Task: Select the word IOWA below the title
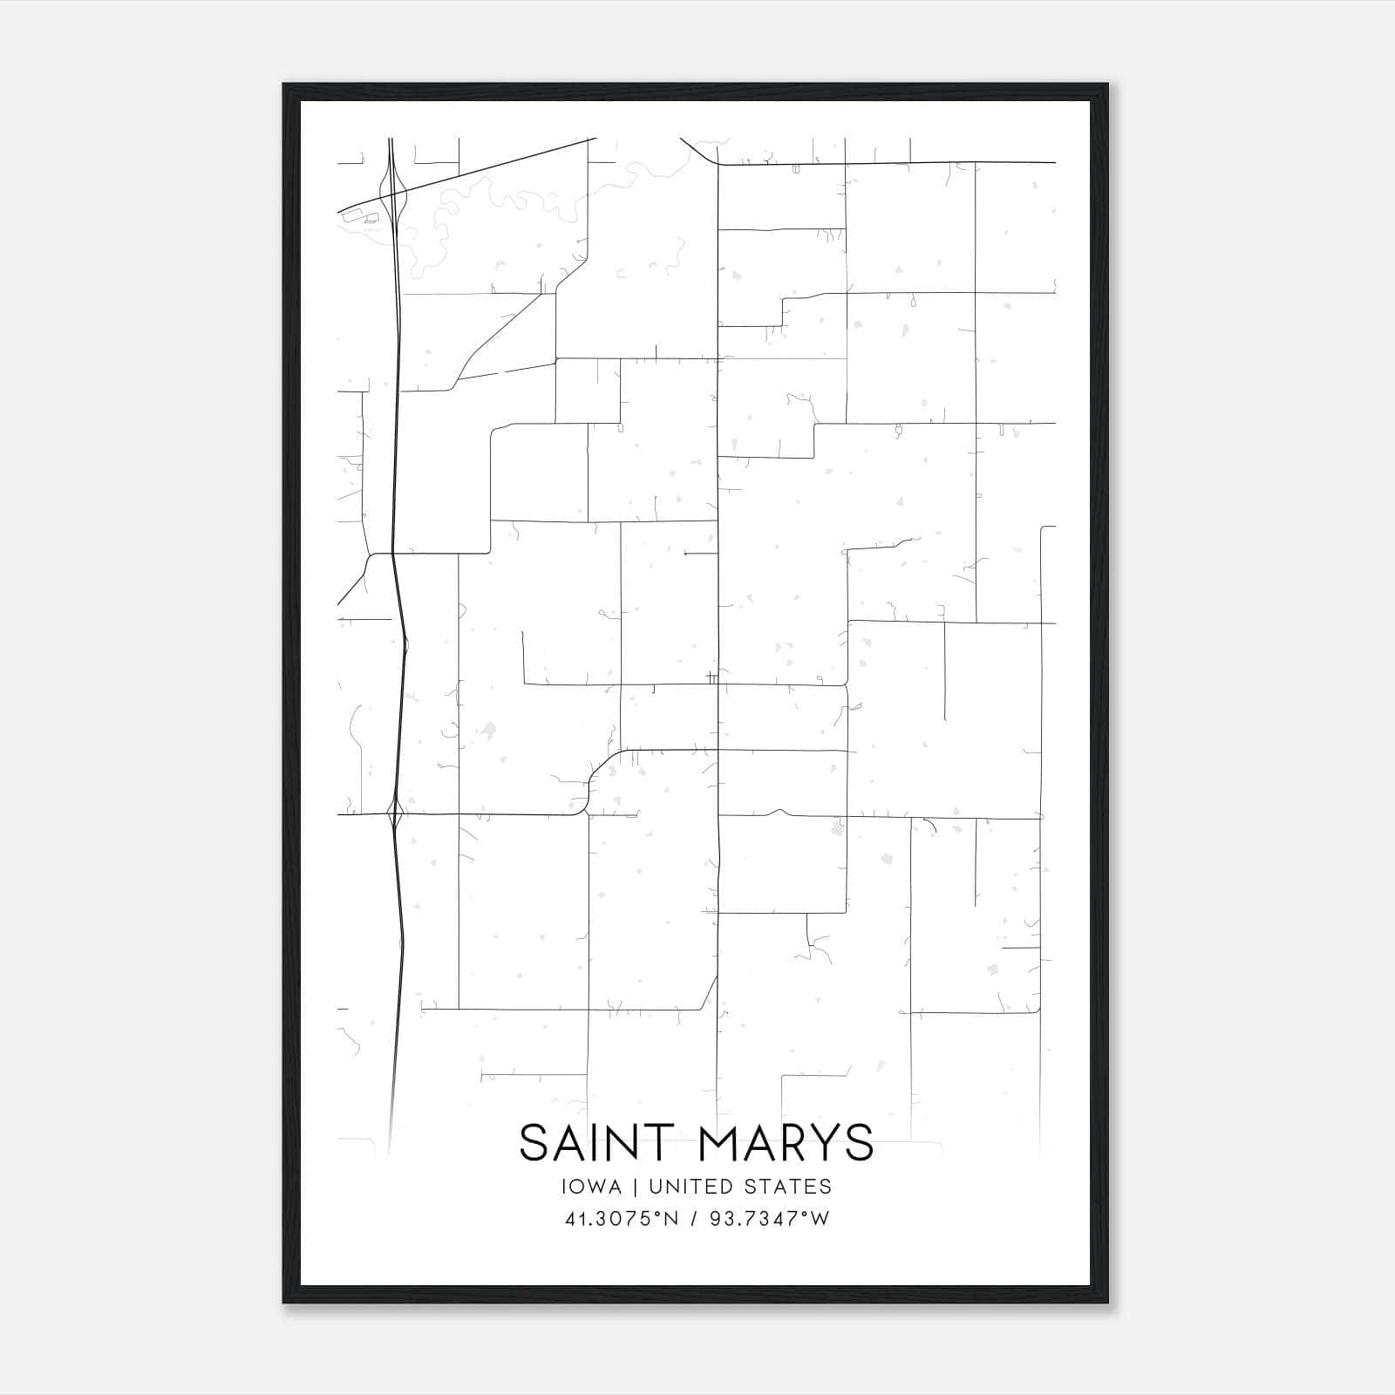[592, 1187]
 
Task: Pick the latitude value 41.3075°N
[622, 1219]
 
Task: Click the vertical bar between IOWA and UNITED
[636, 1187]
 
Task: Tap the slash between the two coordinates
[694, 1219]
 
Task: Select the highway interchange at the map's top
[394, 187]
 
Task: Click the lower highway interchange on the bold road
[395, 816]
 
